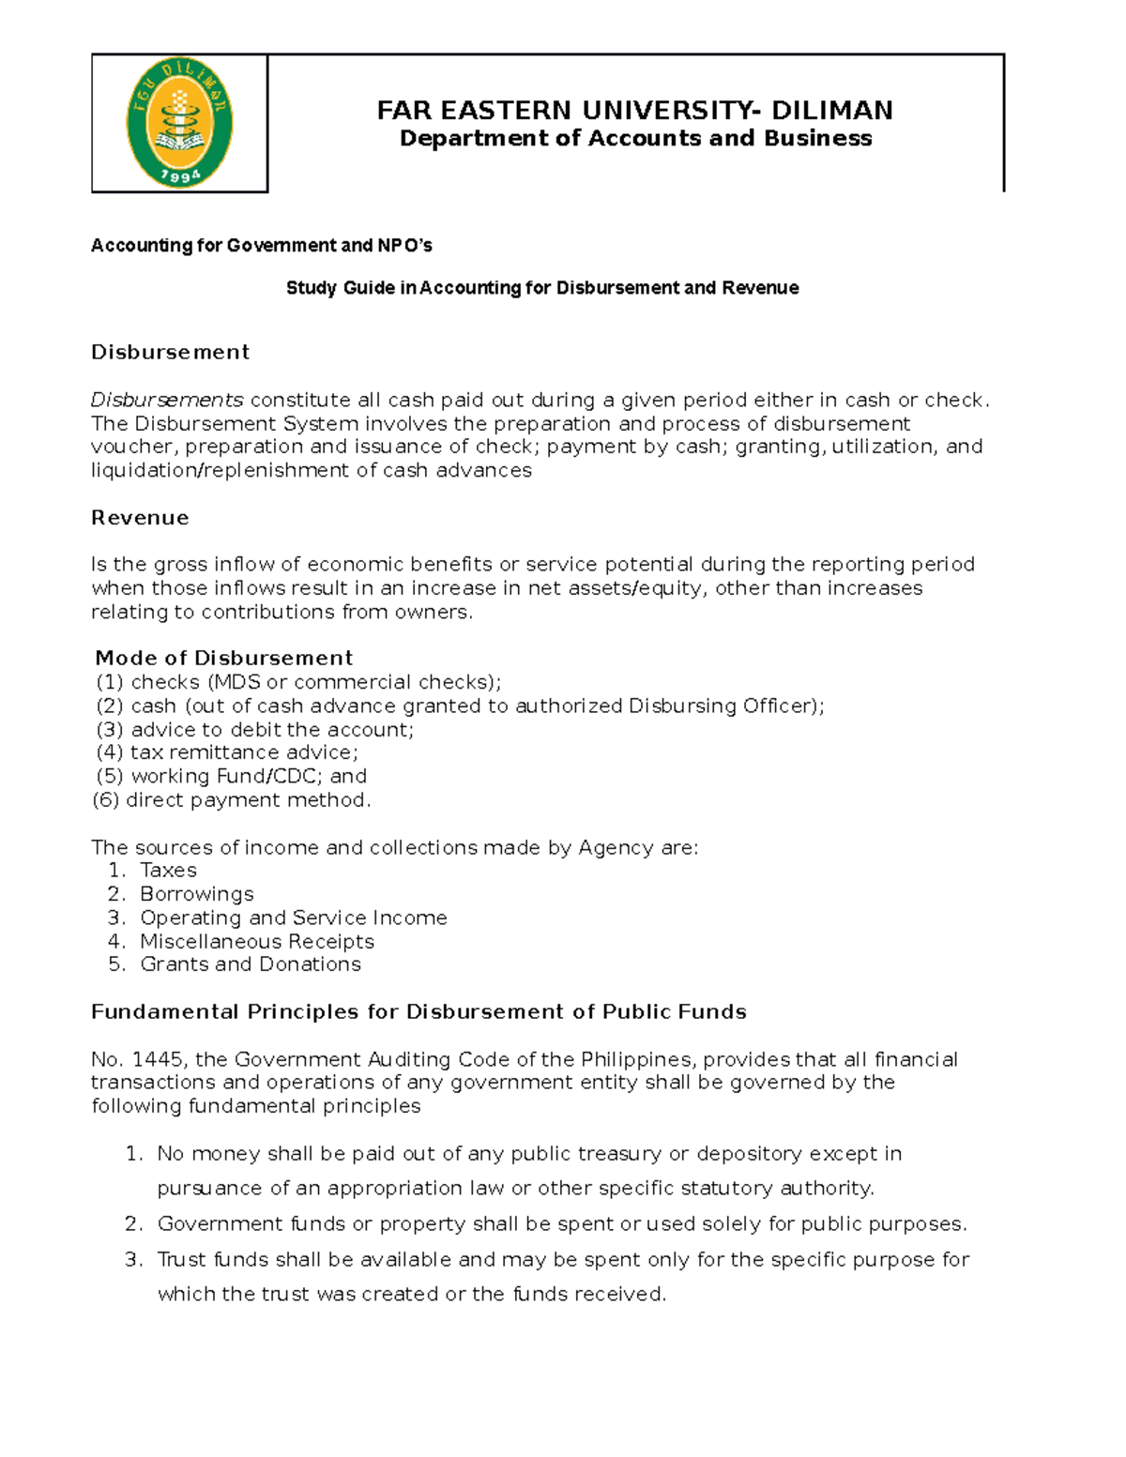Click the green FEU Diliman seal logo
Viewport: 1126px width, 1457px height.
[179, 123]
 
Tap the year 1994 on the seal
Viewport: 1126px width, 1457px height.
[180, 175]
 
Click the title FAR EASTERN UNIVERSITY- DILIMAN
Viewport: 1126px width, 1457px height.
[634, 111]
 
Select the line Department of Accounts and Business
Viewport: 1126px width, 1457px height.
[635, 139]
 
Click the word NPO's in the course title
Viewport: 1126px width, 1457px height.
[404, 246]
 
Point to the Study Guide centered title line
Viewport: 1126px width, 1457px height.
[542, 288]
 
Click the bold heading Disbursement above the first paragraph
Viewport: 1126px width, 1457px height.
[170, 352]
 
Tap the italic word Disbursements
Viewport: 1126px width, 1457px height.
[167, 401]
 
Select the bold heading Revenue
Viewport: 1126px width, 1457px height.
[140, 518]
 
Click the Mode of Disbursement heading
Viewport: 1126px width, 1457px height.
[224, 658]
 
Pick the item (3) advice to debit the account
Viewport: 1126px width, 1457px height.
[254, 729]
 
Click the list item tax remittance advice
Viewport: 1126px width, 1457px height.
[244, 752]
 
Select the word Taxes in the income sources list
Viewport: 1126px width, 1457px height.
[168, 871]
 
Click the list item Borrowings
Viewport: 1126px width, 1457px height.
[196, 894]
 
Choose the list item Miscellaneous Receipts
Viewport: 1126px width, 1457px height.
[256, 941]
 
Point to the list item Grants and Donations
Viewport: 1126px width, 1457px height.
[250, 964]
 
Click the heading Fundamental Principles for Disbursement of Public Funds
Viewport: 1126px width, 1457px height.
[418, 1011]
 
